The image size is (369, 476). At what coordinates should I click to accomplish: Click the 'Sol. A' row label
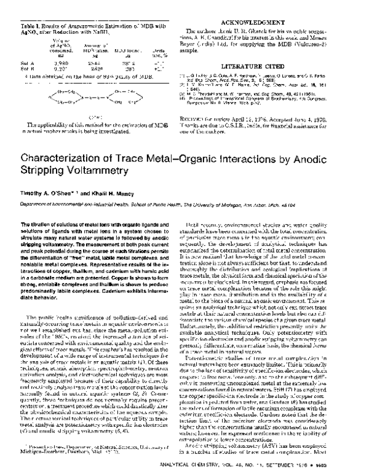click(x=26, y=63)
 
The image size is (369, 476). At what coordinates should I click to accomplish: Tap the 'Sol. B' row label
click(x=26, y=68)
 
